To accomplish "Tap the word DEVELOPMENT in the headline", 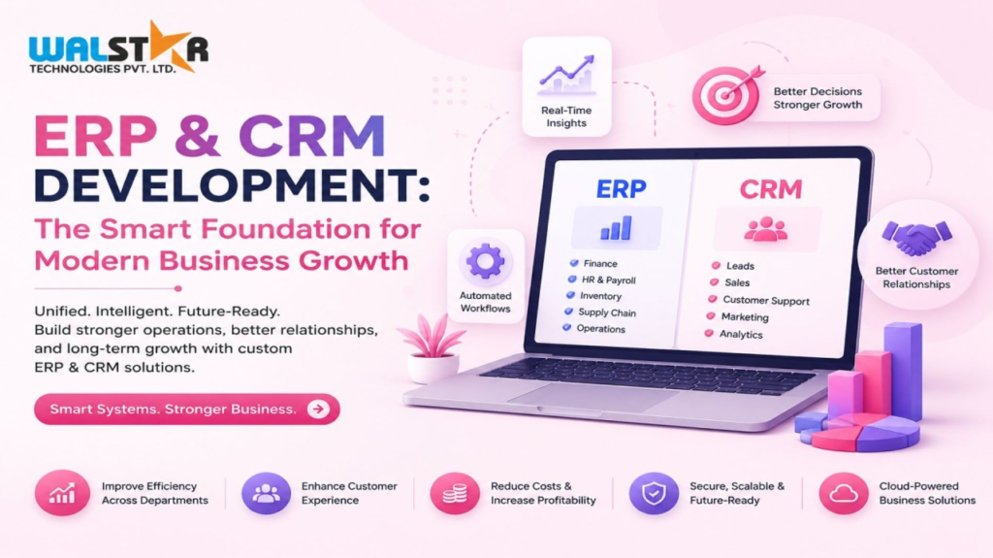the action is point(232,184).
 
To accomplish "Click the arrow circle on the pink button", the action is point(318,409).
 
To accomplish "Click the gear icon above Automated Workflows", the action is point(486,261).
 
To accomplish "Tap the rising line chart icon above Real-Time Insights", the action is point(566,75).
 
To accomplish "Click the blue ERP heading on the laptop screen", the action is point(622,188).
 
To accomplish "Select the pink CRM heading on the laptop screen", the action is point(771,189).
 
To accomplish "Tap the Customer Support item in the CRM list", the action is point(758,300).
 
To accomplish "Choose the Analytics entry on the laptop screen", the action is point(734,334).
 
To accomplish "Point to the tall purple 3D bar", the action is point(904,371).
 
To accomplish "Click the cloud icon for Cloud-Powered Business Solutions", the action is point(844,493).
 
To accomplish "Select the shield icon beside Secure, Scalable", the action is point(654,493).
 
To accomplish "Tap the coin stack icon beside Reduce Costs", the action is point(455,493).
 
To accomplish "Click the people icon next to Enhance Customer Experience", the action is point(266,493).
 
